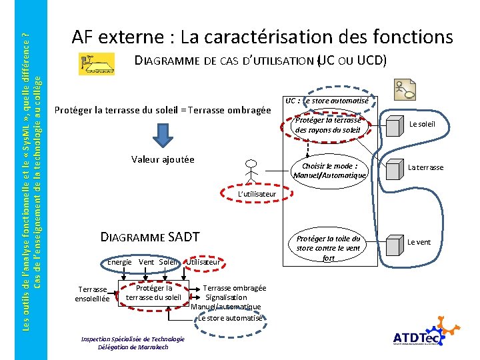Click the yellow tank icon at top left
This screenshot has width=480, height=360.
coord(97,64)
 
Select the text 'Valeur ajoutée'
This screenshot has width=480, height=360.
coord(163,159)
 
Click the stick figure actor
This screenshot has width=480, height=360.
coord(251,171)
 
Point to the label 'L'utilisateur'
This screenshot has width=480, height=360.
coord(257,194)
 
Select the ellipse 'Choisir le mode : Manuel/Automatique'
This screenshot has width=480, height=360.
coord(329,171)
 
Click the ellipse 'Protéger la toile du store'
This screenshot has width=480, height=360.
coord(328,248)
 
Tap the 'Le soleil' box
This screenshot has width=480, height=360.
coord(421,124)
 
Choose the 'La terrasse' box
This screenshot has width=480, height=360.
coord(425,167)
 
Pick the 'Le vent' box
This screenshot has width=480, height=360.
coord(419,242)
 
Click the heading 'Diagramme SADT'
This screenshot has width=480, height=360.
coord(149,236)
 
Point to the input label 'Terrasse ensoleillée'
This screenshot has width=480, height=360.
coord(92,294)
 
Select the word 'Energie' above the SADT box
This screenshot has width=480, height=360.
coord(119,262)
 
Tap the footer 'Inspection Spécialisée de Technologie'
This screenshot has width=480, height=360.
coord(133,339)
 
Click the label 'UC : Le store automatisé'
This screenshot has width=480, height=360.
coord(326,101)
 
